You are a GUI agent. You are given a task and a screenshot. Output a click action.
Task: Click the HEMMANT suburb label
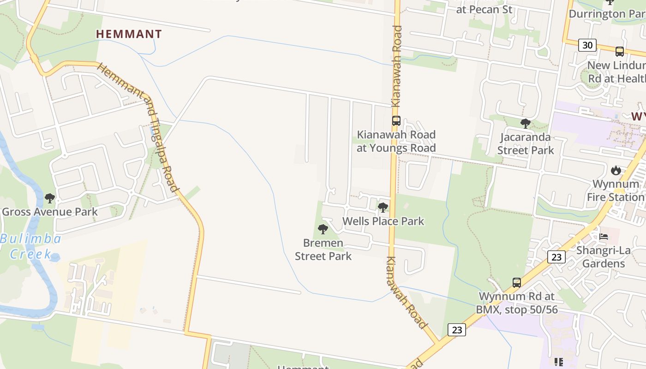(x=129, y=34)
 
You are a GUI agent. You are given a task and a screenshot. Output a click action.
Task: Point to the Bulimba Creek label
(x=31, y=246)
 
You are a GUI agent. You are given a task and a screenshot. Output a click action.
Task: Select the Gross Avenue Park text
(x=50, y=212)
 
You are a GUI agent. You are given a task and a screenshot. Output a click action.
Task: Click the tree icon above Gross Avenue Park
(x=50, y=199)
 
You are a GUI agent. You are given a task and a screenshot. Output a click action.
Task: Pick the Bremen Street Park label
(x=323, y=250)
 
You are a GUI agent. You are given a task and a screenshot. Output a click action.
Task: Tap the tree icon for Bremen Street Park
(x=323, y=229)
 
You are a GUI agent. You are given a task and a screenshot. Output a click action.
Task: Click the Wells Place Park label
(x=383, y=221)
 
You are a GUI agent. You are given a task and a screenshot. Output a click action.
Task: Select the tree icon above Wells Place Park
(x=383, y=208)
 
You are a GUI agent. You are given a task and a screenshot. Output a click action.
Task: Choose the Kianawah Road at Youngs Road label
(x=396, y=141)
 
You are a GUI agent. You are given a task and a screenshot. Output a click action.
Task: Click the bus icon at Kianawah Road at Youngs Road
(x=396, y=121)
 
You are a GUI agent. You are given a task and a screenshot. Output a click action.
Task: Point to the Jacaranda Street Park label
(x=526, y=143)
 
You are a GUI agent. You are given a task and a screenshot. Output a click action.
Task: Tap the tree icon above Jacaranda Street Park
(x=525, y=123)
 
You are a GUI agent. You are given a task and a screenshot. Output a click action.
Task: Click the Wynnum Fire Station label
(x=616, y=190)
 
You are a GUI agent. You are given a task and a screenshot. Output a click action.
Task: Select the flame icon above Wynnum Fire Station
(x=616, y=171)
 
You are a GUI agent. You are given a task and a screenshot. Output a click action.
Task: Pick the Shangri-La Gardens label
(x=604, y=257)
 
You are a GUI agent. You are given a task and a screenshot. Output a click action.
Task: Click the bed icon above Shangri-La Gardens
(x=604, y=237)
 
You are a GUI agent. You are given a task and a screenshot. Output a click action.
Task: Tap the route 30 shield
(x=587, y=45)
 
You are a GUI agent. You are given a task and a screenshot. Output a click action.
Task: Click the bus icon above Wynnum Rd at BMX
(x=517, y=282)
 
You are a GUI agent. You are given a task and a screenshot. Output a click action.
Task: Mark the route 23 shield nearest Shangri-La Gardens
(x=556, y=257)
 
